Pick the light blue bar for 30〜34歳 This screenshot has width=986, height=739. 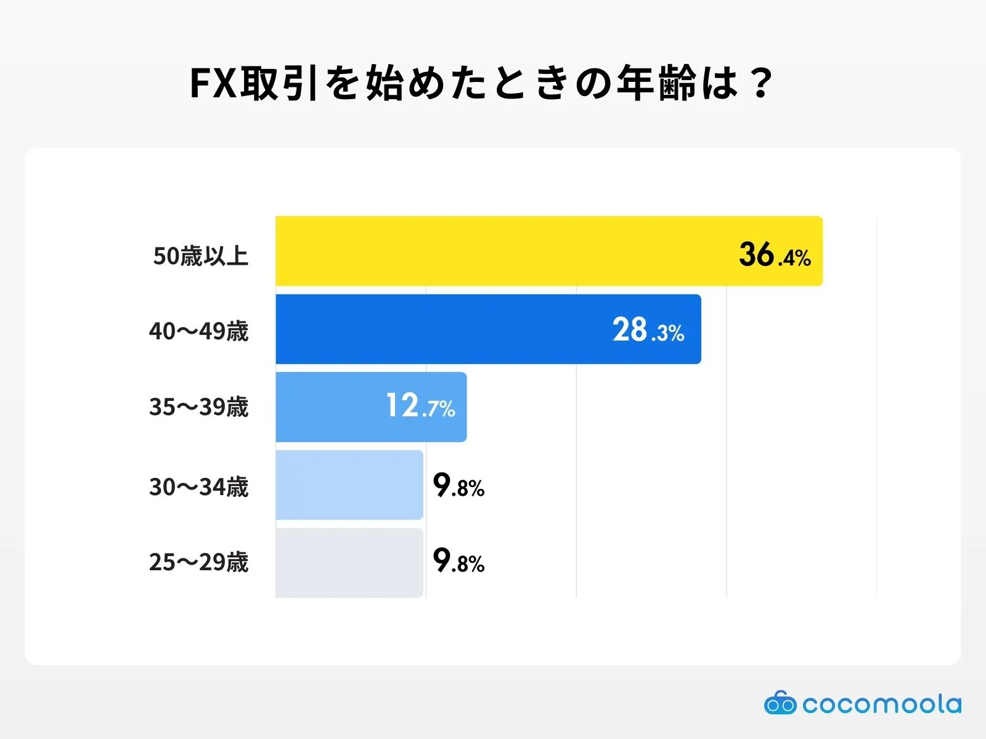pyautogui.click(x=349, y=485)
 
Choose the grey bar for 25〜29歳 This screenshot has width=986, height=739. pyautogui.click(x=349, y=563)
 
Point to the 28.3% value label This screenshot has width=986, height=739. pyautogui.click(x=648, y=331)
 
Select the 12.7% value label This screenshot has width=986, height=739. pyautogui.click(x=420, y=406)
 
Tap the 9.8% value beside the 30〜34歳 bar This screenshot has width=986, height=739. pyautogui.click(x=458, y=486)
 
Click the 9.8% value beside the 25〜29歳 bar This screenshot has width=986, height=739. pyautogui.click(x=458, y=561)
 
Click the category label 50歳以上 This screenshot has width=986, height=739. pyautogui.click(x=201, y=256)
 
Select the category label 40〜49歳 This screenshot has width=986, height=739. pyautogui.click(x=198, y=331)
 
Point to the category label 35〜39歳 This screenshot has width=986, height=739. pyautogui.click(x=198, y=407)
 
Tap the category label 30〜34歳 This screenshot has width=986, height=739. pyautogui.click(x=198, y=487)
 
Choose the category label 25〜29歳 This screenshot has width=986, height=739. pyautogui.click(x=198, y=562)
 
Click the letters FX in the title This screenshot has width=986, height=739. pyautogui.click(x=213, y=83)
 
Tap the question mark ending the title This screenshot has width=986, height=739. pyautogui.click(x=762, y=83)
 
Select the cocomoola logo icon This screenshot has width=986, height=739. pyautogui.click(x=780, y=703)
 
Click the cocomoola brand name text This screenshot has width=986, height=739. pyautogui.click(x=882, y=704)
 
